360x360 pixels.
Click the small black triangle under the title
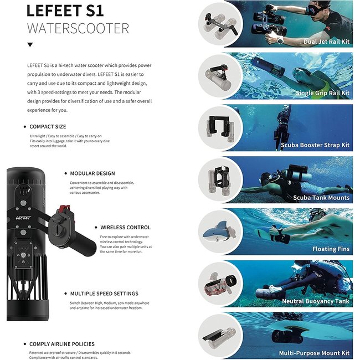(30, 45)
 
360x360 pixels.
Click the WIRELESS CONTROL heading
(125, 227)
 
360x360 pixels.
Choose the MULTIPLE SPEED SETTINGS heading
(104, 294)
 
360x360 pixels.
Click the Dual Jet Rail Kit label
(326, 42)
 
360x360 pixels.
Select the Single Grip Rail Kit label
(322, 93)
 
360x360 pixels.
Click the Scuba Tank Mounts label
(321, 197)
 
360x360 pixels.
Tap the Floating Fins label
(331, 249)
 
